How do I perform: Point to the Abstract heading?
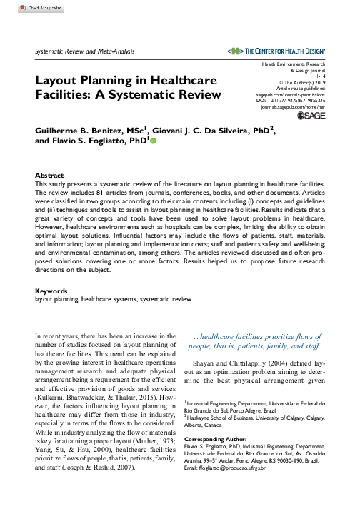point(50,153)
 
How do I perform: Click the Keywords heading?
point(52,291)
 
